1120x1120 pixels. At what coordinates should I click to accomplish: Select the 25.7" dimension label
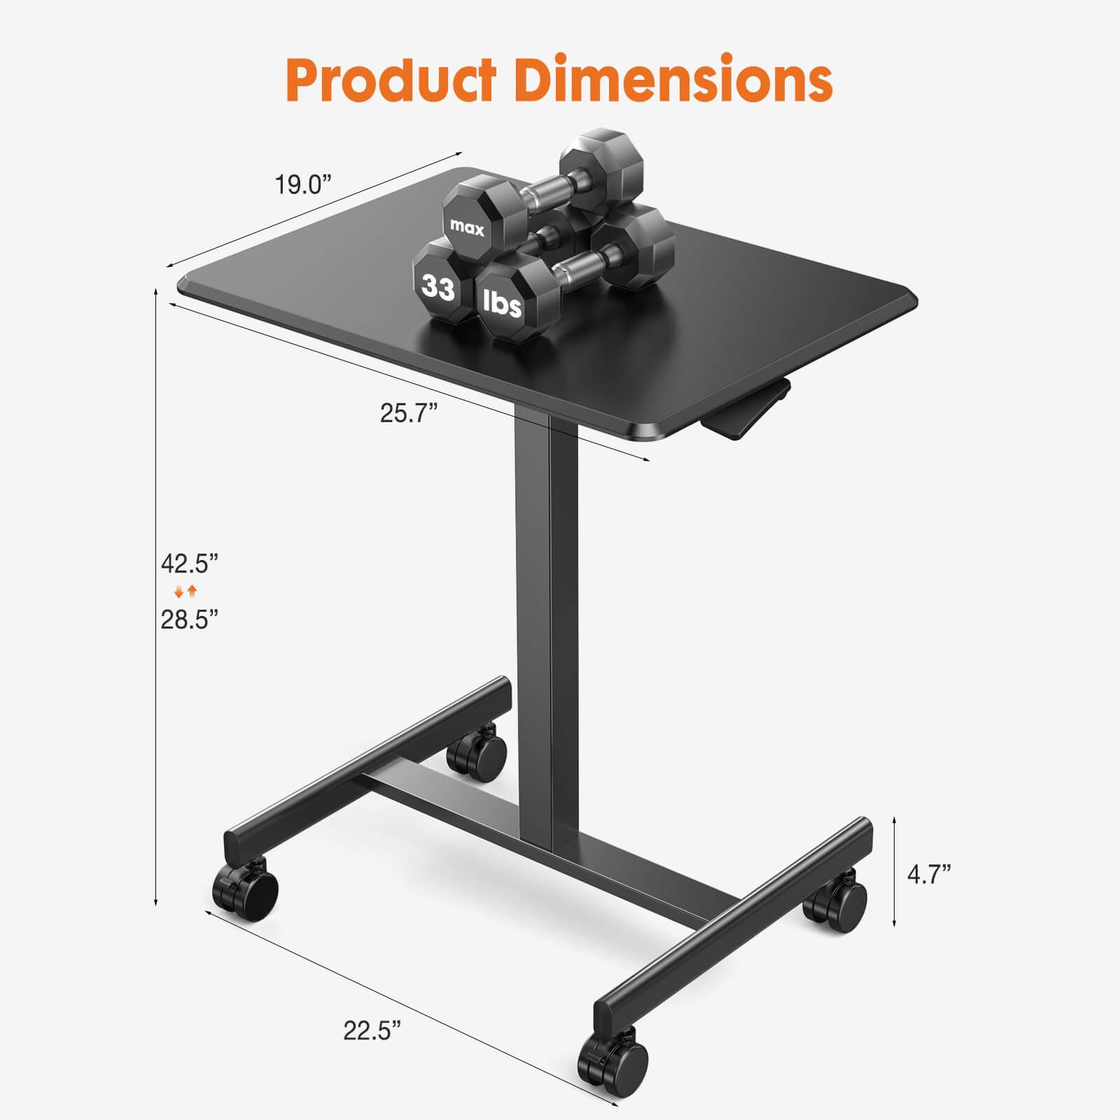[x=409, y=413]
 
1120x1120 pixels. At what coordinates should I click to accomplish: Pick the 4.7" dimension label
[x=929, y=874]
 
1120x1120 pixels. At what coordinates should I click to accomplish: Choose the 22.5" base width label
[x=372, y=1030]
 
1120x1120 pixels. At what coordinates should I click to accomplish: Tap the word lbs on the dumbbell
[x=503, y=304]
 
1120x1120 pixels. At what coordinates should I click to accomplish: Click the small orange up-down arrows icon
[x=186, y=591]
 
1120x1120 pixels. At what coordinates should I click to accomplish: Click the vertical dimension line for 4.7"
[x=894, y=871]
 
